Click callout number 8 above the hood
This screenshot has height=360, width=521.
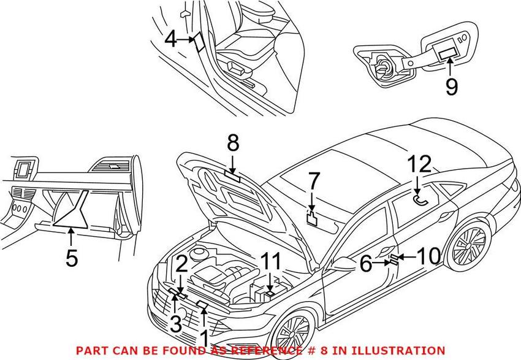click(233, 145)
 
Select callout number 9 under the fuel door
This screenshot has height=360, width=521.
click(451, 86)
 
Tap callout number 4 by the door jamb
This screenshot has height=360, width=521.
click(170, 40)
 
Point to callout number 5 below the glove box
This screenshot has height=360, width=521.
click(72, 259)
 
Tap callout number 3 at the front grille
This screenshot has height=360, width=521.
click(176, 323)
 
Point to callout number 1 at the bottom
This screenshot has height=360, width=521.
click(203, 337)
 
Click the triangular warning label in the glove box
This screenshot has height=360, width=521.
click(70, 209)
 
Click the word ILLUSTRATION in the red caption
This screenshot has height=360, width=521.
click(401, 350)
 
